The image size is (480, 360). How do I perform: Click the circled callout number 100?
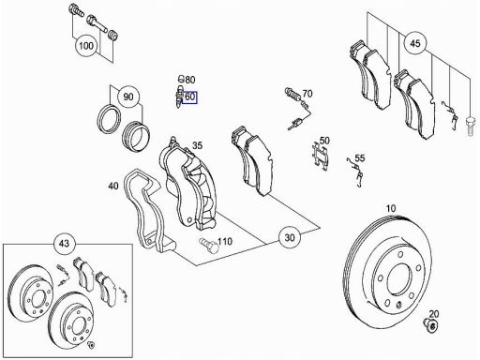pos(86,46)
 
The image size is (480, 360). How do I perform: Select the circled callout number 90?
pos(128,97)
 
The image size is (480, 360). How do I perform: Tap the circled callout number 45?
pos(415,43)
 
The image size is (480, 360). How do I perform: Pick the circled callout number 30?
pos(290,237)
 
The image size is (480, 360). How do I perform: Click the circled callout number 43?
pos(65,243)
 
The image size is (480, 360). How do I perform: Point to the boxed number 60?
pos(189,97)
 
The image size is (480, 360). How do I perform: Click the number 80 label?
pos(189,80)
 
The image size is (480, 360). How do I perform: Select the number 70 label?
pos(307,94)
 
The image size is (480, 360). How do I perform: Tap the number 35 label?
pos(197,145)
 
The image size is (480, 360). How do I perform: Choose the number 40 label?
pos(113,186)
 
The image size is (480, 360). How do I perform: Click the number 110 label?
pos(225,241)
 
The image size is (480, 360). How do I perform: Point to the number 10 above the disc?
pos(391,208)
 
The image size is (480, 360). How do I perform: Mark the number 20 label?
pos(434,313)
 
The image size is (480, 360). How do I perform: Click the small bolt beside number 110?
pos(209,245)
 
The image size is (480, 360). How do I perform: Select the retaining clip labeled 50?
pos(320,156)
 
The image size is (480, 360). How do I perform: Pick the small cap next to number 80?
pos(180,78)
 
